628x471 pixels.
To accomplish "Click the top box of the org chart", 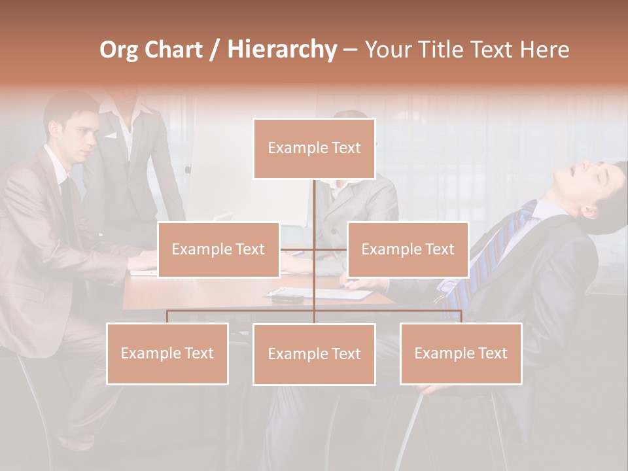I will [314, 148].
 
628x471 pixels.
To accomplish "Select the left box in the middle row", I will [218, 249].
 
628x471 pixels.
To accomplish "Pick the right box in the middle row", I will [408, 249].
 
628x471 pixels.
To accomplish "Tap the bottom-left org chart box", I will [167, 353].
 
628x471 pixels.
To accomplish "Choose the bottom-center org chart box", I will [314, 354].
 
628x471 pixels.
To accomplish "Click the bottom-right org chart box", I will [461, 353].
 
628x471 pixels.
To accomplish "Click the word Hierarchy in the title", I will [282, 49].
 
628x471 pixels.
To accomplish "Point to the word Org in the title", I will [118, 50].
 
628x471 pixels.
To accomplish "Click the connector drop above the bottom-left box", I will [167, 317].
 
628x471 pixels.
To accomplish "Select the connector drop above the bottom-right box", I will [461, 317].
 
